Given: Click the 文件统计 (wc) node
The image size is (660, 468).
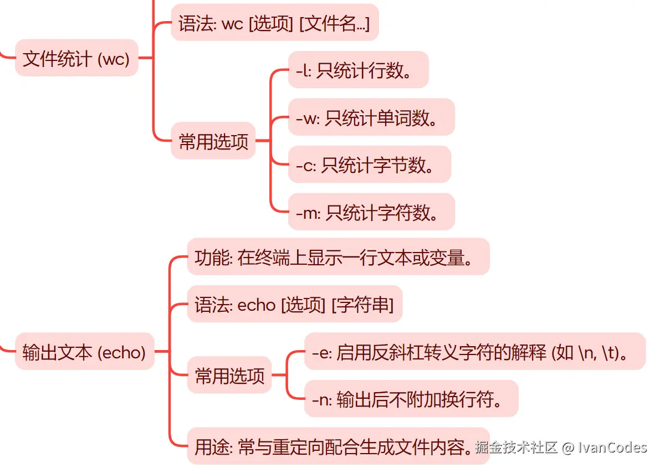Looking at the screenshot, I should pyautogui.click(x=76, y=58).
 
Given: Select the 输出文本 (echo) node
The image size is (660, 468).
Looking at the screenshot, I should pyautogui.click(x=84, y=351).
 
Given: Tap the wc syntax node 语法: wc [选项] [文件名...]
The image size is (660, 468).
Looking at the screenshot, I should pyautogui.click(x=274, y=23).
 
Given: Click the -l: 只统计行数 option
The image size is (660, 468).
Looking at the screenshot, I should pyautogui.click(x=358, y=70).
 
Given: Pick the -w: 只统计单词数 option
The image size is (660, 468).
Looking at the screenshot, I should pyautogui.click(x=371, y=117).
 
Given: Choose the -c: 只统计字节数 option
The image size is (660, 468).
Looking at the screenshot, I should pyautogui.click(x=369, y=164).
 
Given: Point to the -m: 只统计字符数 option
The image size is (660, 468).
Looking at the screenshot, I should pyautogui.click(x=371, y=212).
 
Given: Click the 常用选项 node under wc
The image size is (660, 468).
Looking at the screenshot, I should pyautogui.click(x=213, y=141).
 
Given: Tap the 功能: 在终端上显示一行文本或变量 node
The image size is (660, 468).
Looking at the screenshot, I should pyautogui.click(x=338, y=257).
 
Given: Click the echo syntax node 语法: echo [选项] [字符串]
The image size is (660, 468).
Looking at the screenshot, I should pyautogui.click(x=294, y=304).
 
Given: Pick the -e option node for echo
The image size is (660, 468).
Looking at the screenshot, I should pyautogui.click(x=474, y=351).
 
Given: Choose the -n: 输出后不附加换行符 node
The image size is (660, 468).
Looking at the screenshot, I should pyautogui.click(x=411, y=398).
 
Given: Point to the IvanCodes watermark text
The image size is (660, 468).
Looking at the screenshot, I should pyautogui.click(x=612, y=447).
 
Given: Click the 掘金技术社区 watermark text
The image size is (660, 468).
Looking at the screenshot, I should pyautogui.click(x=516, y=447).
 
